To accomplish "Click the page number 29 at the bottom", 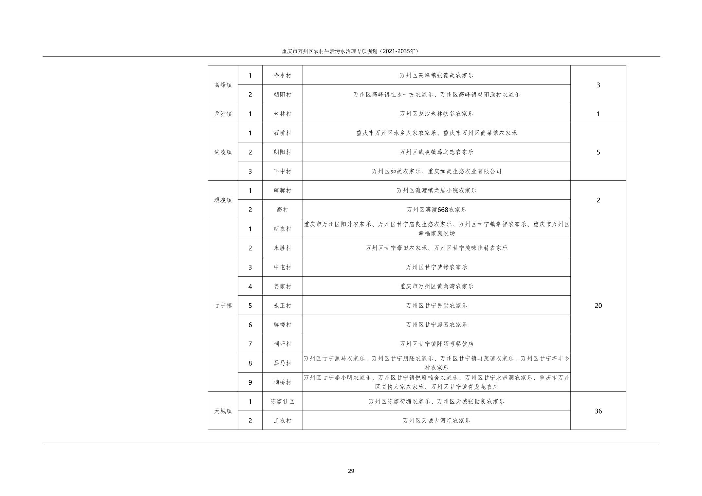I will point(351,471).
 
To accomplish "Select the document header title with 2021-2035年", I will point(350,51).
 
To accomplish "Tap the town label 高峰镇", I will point(223,85).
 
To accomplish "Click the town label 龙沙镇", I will point(223,114).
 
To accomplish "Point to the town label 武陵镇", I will point(223,152).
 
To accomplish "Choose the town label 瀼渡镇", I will point(223,200).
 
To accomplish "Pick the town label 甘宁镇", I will point(223,305).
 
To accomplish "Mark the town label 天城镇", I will point(223,411).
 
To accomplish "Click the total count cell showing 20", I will point(598,305).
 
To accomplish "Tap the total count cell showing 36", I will point(598,411).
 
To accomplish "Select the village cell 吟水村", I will point(282,75).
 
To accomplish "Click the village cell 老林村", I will point(282,114).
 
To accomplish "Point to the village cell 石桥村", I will point(282,133).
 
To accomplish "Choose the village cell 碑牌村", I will point(282,191).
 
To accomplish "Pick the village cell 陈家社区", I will point(282,401).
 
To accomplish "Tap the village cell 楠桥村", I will point(282,382).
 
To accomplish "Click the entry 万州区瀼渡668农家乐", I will point(436,210).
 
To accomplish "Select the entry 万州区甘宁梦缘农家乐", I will point(436,267).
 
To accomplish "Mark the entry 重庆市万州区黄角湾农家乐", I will point(436,286).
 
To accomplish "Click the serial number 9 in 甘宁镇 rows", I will point(250,382).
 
